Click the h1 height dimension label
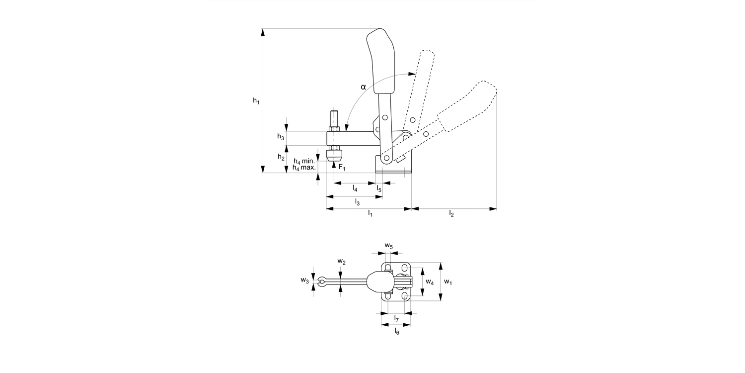click(256, 100)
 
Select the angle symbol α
click(363, 87)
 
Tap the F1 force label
click(342, 167)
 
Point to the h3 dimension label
click(281, 137)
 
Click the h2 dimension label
click(281, 157)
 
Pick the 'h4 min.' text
click(304, 162)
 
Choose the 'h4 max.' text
click(304, 168)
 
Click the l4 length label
click(355, 188)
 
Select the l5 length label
click(379, 188)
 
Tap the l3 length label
click(357, 201)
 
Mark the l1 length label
click(370, 213)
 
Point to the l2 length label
click(451, 213)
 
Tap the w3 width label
click(304, 280)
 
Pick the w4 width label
click(430, 282)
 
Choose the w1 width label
click(448, 282)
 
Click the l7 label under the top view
click(396, 318)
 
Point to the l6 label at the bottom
click(396, 330)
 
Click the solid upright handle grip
click(381, 62)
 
